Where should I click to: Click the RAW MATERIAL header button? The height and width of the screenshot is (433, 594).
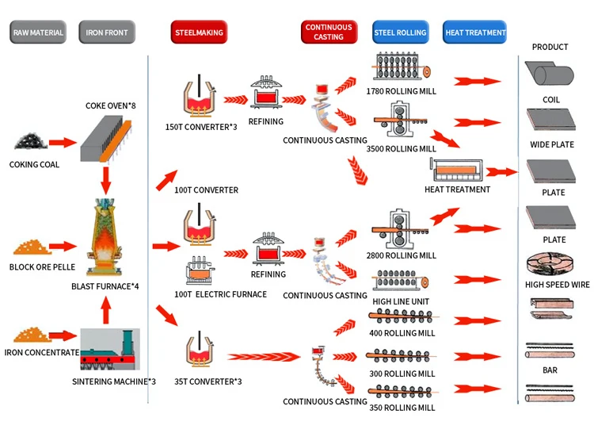click(38, 33)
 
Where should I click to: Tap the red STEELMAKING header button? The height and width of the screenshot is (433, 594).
click(199, 33)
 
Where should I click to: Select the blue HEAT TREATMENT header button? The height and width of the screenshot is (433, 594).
click(474, 33)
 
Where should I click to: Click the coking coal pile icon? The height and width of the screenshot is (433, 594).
click(31, 141)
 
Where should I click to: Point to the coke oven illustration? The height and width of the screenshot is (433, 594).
click(106, 139)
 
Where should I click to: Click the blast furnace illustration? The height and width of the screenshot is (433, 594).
click(105, 236)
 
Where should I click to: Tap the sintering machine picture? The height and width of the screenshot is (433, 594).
click(110, 349)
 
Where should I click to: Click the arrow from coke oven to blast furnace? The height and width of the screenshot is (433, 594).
click(105, 180)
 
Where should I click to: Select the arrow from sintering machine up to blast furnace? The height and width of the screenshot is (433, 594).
click(106, 310)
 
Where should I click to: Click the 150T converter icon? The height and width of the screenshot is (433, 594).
click(200, 96)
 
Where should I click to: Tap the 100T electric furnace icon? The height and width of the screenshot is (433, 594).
click(200, 270)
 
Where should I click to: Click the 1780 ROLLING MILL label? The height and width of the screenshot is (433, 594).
click(402, 91)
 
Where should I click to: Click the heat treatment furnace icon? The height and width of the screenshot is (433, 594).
click(457, 170)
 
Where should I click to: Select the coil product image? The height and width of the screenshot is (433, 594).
click(550, 74)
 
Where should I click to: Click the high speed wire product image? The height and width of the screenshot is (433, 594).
click(550, 263)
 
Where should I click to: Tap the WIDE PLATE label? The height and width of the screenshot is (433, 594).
click(552, 144)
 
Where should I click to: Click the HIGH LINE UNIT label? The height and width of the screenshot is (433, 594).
click(401, 302)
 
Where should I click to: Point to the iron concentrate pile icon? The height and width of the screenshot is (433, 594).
click(31, 335)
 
